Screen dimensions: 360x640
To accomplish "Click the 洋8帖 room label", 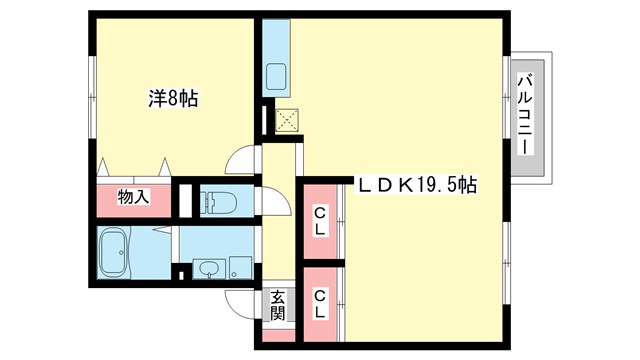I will [173, 99].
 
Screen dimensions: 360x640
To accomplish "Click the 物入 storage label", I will [133, 196].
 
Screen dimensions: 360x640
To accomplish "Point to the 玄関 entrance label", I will [278, 305].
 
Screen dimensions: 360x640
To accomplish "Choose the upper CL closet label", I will [321, 219].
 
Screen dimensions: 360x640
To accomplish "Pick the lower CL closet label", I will [320, 302].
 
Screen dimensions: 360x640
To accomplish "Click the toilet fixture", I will [219, 202].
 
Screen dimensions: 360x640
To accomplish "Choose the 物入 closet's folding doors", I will [133, 167].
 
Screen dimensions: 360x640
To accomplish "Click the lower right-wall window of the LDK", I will [507, 250].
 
